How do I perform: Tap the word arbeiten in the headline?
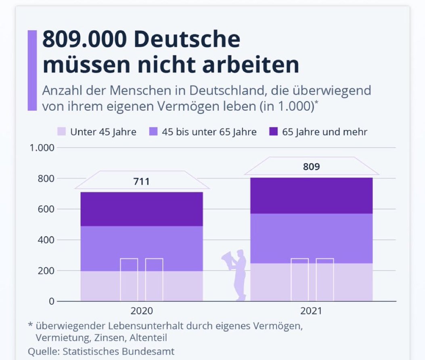point(257,65)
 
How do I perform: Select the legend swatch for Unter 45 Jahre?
point(61,132)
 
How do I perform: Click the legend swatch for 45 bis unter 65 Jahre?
point(153,132)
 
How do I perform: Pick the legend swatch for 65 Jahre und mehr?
point(273,132)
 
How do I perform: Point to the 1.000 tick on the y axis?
point(42,148)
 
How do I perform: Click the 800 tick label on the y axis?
point(46,179)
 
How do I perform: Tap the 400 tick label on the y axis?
point(46,240)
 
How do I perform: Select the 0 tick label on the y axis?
point(52,301)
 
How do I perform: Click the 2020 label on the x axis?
point(142,311)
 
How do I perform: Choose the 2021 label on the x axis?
point(311,311)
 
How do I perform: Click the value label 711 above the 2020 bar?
point(142,181)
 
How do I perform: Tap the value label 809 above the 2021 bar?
point(311,166)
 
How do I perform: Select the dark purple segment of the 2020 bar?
point(142,209)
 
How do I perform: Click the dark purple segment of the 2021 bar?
point(311,196)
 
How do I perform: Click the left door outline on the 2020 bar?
point(129,280)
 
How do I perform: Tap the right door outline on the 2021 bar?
point(325,280)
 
